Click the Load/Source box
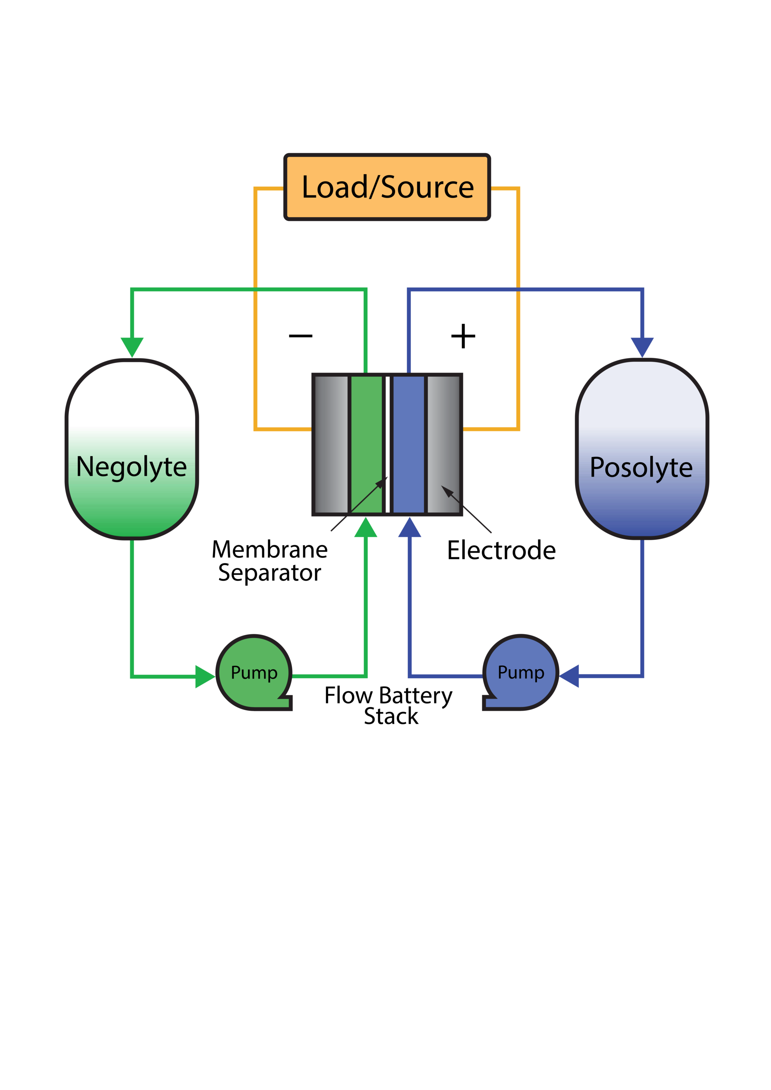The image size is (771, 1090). click(x=387, y=187)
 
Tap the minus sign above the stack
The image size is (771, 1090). click(x=300, y=336)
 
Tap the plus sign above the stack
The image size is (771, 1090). click(x=463, y=336)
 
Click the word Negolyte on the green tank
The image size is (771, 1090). click(x=131, y=467)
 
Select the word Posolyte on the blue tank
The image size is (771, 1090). click(x=641, y=467)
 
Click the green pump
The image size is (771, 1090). click(x=254, y=672)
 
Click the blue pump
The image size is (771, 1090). click(x=521, y=672)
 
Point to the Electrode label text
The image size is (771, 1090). click(x=501, y=550)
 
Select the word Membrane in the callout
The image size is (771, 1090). click(x=270, y=550)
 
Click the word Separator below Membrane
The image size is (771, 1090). click(x=270, y=572)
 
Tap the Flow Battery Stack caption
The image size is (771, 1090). click(x=389, y=705)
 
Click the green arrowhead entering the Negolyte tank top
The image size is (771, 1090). click(x=132, y=346)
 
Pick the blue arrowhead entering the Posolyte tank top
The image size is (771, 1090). click(x=642, y=346)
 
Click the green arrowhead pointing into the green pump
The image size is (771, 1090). click(x=204, y=676)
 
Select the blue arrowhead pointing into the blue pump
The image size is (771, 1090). click(x=570, y=676)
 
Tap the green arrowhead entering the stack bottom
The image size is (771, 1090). click(x=366, y=528)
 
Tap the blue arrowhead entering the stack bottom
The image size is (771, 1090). click(x=410, y=528)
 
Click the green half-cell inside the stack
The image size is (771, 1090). click(x=366, y=444)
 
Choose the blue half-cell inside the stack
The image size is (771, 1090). click(x=409, y=444)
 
